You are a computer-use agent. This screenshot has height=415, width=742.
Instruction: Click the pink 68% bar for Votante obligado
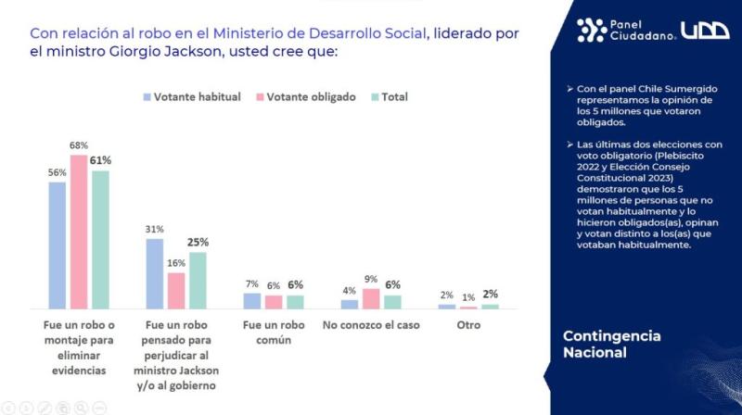[x=79, y=232]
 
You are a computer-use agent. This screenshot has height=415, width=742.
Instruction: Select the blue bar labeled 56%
[x=58, y=245]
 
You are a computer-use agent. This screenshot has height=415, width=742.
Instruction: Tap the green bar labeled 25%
[x=198, y=281]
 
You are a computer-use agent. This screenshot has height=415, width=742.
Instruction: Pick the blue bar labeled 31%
[x=155, y=273]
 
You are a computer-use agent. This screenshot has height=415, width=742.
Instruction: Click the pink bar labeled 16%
[x=176, y=291]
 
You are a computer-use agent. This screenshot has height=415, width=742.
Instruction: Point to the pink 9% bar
[x=370, y=298]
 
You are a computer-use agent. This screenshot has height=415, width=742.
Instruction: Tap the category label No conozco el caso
[x=370, y=326]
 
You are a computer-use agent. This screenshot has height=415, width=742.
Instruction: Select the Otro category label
[x=468, y=326]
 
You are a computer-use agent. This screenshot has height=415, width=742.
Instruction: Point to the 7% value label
[x=251, y=283]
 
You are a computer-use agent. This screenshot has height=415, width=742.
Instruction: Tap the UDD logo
[x=705, y=30]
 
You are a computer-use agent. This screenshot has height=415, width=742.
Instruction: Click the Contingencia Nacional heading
[x=612, y=344]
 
